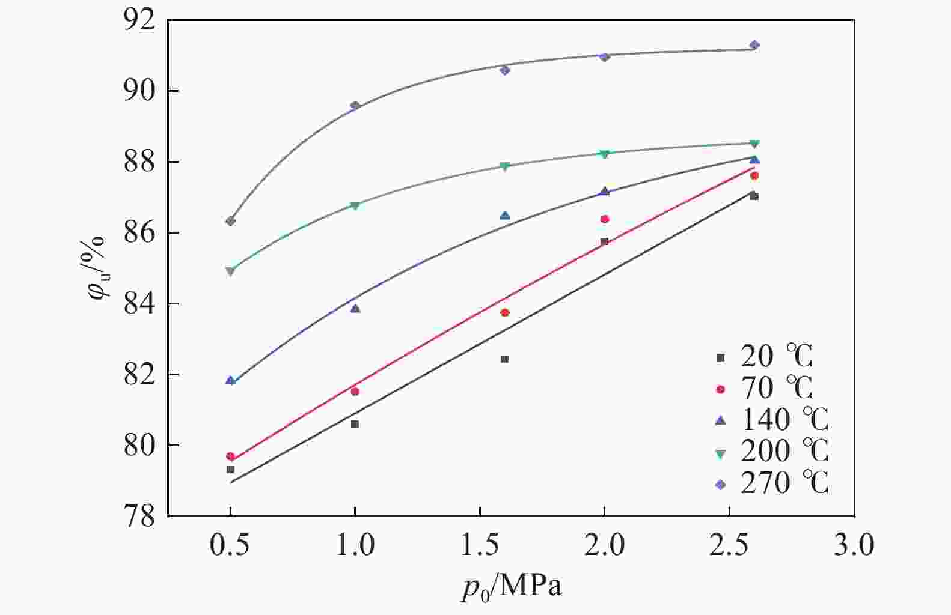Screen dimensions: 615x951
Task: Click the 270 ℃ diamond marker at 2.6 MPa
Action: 754,46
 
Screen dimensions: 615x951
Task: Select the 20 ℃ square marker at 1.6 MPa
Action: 504,359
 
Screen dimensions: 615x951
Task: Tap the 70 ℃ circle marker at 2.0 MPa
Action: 605,219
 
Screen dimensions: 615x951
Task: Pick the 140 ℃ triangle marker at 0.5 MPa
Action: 230,380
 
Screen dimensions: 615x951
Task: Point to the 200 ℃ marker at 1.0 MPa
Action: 355,205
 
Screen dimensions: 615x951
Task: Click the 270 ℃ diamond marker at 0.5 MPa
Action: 230,221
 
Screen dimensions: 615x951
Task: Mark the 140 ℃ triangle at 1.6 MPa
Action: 505,216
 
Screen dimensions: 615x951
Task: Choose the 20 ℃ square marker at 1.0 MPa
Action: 355,424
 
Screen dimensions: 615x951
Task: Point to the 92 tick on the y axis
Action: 139,20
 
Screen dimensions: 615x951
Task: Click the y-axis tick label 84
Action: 139,304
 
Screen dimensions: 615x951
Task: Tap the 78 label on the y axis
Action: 139,516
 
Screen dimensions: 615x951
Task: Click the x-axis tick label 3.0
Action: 854,545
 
